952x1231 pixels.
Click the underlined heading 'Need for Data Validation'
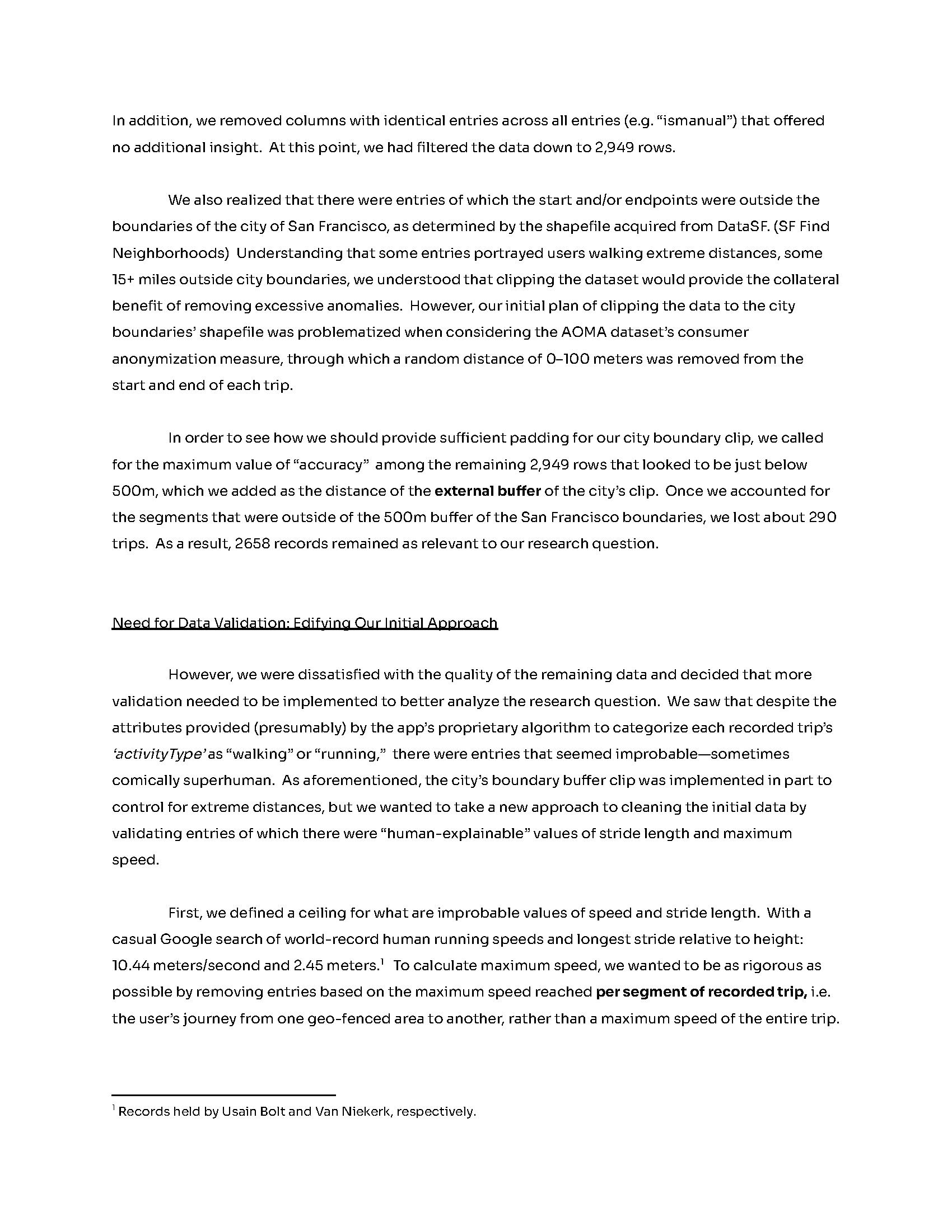305,623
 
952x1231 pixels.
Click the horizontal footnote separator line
224,1095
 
